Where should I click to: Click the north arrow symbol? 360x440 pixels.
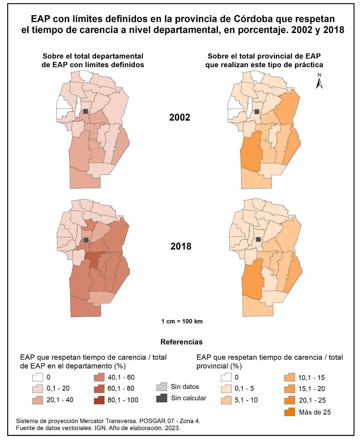click(319, 81)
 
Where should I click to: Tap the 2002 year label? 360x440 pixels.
click(180, 117)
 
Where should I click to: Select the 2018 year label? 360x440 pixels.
click(181, 246)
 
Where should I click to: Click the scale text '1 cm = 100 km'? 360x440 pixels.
click(182, 321)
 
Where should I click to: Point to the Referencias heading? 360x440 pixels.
click(181, 342)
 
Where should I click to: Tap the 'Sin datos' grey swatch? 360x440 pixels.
click(162, 387)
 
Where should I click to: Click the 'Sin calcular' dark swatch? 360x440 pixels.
click(162, 398)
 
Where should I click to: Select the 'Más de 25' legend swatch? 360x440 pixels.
click(289, 412)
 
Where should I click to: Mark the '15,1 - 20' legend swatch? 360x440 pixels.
click(289, 389)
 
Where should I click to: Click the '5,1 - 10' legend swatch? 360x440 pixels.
click(226, 400)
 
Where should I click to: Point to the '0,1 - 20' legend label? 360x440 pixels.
click(58, 388)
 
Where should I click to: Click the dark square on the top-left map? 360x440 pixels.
click(86, 111)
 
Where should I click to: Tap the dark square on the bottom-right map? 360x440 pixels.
click(258, 239)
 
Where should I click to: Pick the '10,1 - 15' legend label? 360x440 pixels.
click(311, 378)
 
